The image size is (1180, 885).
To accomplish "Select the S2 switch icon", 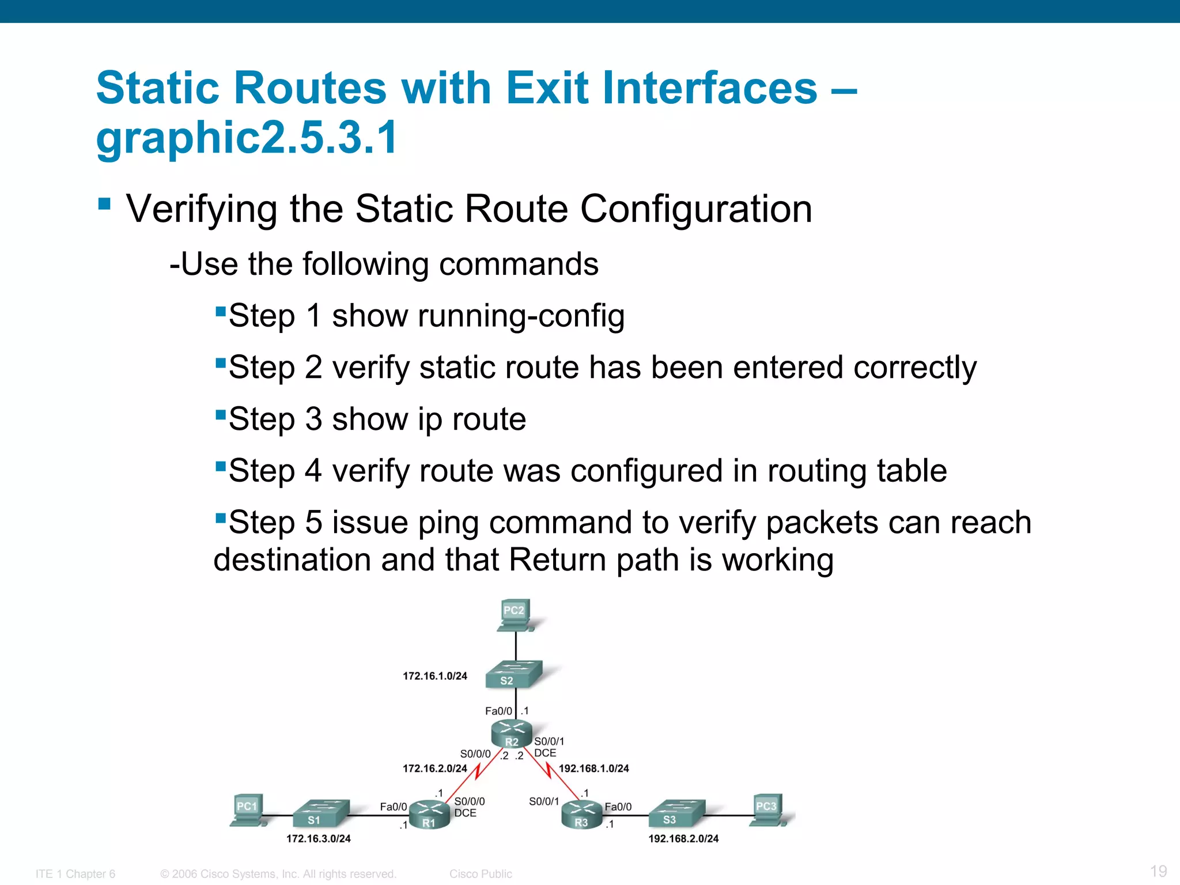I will tap(513, 674).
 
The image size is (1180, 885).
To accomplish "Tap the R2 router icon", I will tap(511, 734).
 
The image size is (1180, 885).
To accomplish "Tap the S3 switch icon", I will tap(675, 813).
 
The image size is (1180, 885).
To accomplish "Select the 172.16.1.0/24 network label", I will tap(434, 676).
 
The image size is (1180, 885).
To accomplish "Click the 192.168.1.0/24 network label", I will tap(593, 768).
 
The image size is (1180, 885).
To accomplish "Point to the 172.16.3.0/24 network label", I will tap(318, 838).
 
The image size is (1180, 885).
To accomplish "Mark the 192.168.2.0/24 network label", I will tap(683, 838).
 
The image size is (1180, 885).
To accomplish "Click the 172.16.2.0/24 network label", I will tap(434, 768).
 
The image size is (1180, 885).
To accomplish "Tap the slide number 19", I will tap(1158, 871).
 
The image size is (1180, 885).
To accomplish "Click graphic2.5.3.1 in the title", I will tap(247, 137).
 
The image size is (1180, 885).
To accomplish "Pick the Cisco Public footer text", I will tap(481, 873).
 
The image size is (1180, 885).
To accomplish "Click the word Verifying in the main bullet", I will tap(202, 209).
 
